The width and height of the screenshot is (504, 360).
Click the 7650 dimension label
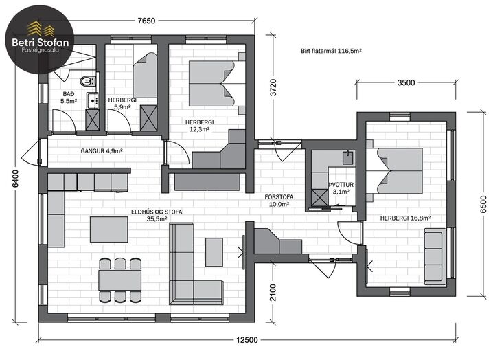[x=146, y=21]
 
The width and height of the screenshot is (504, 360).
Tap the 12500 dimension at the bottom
[x=247, y=340]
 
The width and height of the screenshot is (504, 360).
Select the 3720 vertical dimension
[x=273, y=87]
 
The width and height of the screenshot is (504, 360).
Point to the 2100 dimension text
[x=273, y=293]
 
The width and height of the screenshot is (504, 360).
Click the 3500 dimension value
[x=406, y=82]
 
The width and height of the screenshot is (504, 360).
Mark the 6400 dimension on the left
[x=15, y=179]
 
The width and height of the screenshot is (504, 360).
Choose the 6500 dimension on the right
[x=483, y=204]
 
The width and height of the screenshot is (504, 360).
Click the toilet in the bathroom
[x=88, y=81]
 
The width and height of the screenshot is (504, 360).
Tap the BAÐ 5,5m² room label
[x=69, y=98]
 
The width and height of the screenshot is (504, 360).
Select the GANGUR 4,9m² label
[x=102, y=151]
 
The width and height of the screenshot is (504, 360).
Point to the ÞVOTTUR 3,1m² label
[x=341, y=188]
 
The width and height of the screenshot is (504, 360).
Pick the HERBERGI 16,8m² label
[x=405, y=218]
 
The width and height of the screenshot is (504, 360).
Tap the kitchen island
[x=109, y=229]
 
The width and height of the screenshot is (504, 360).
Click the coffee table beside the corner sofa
[x=214, y=252]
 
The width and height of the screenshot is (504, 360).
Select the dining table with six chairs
[x=120, y=280]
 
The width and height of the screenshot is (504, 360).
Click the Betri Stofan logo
[x=40, y=40]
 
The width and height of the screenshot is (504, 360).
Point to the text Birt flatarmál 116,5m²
[x=332, y=51]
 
